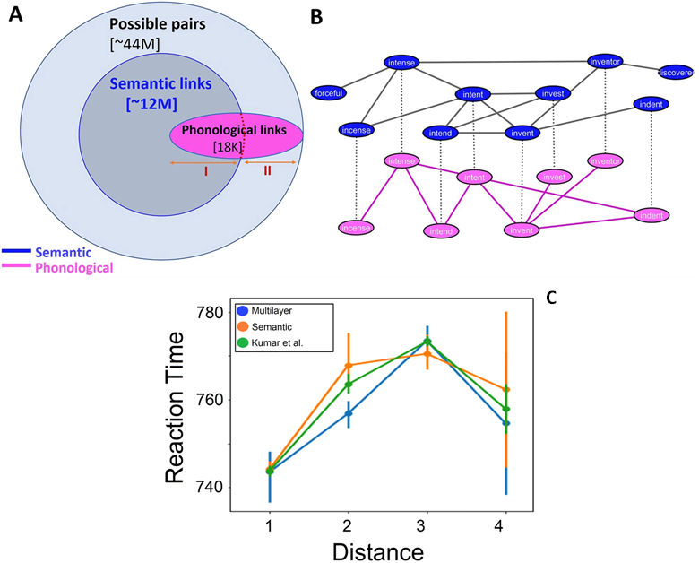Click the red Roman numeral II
267,170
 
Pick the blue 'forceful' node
329,91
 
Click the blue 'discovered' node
676,72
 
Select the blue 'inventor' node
606,61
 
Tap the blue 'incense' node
357,130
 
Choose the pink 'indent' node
652,215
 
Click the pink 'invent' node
522,230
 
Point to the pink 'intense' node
402,161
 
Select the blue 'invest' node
553,93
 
